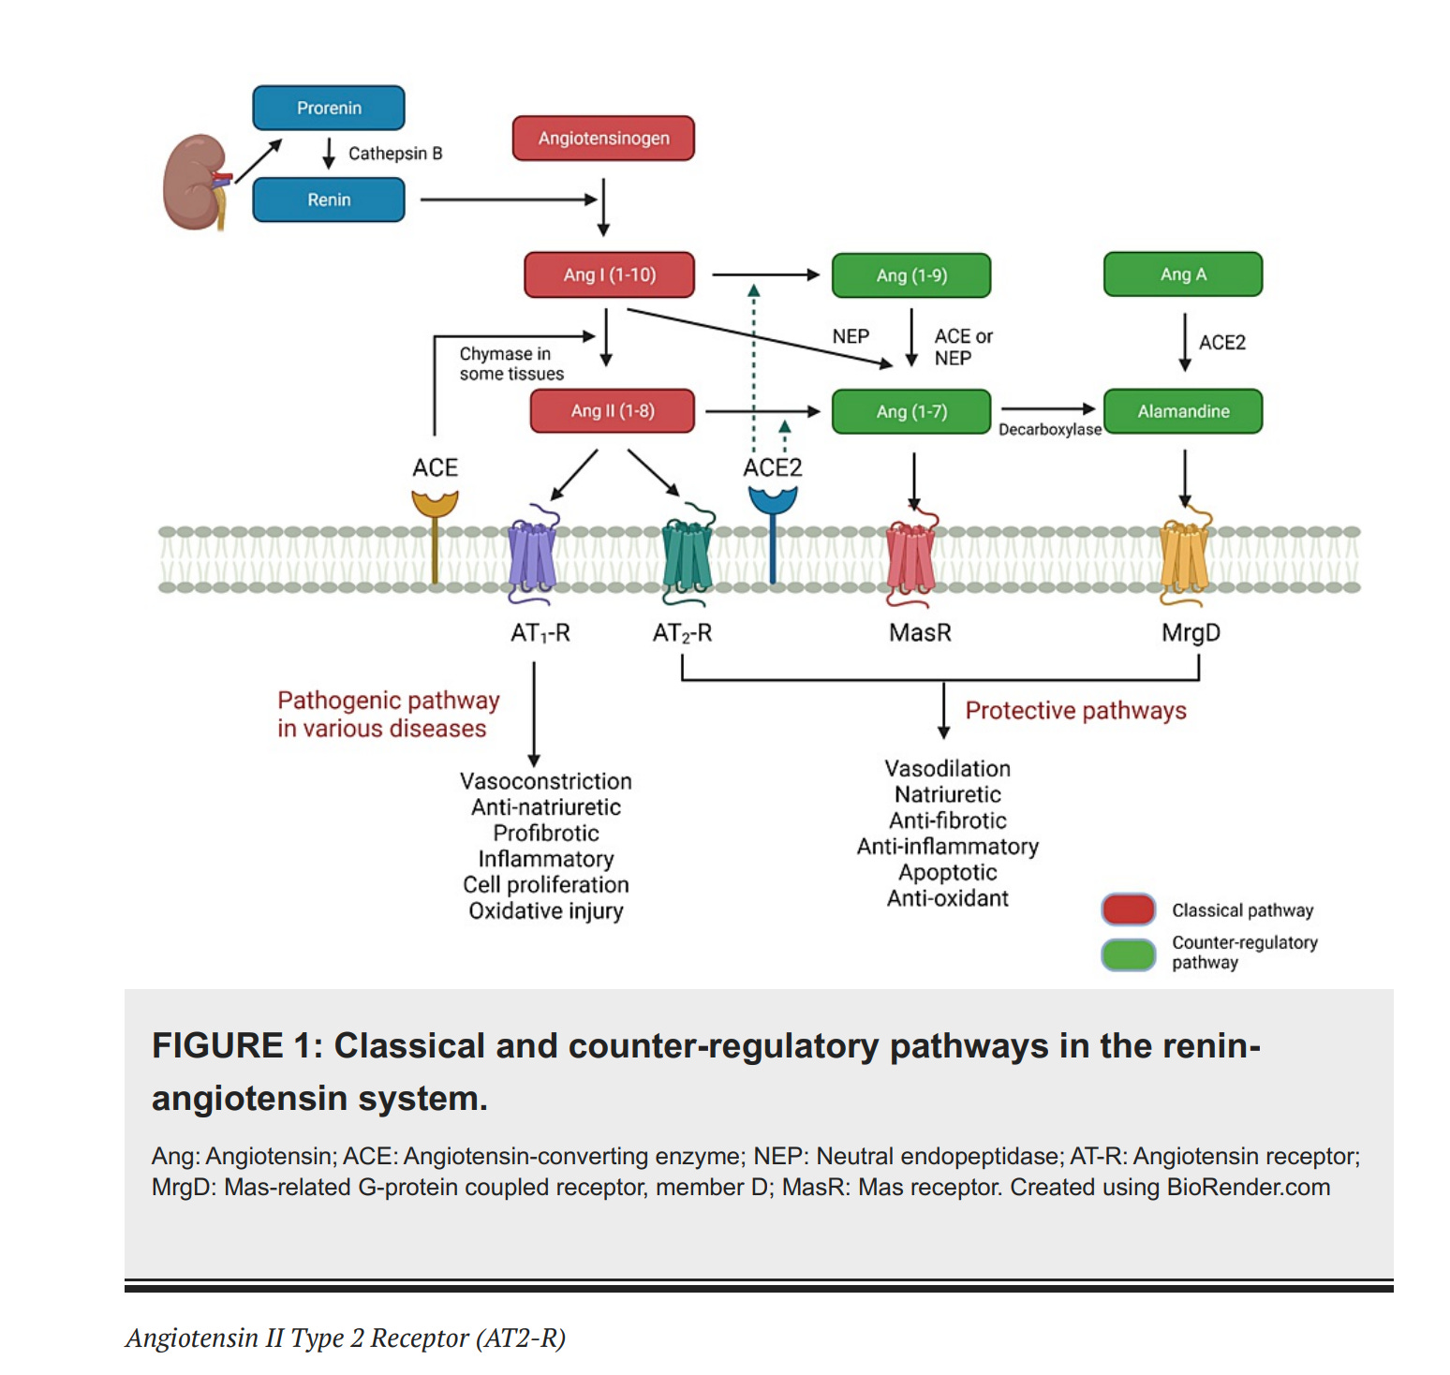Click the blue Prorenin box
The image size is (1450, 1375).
click(329, 108)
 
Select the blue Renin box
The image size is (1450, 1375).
click(329, 200)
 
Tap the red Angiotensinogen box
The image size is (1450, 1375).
click(603, 139)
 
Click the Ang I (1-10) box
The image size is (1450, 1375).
click(609, 274)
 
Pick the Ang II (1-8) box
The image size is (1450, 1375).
click(613, 411)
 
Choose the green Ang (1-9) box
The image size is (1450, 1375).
click(910, 275)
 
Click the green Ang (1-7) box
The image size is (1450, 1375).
click(910, 411)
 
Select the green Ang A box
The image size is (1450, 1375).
click(1182, 274)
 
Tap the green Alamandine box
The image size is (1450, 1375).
click(1182, 411)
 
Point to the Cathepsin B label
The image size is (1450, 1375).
click(394, 154)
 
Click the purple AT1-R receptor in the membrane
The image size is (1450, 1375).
click(532, 554)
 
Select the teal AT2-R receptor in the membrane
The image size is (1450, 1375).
click(687, 556)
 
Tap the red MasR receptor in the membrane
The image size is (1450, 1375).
click(910, 558)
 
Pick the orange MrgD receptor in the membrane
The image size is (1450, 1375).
click(1184, 558)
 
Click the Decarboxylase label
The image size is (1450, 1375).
click(1049, 430)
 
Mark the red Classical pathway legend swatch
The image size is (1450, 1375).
click(1129, 909)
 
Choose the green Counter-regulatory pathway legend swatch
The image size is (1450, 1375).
click(1129, 954)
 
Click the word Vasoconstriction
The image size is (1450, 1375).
click(545, 781)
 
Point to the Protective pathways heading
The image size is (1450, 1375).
click(1075, 711)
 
